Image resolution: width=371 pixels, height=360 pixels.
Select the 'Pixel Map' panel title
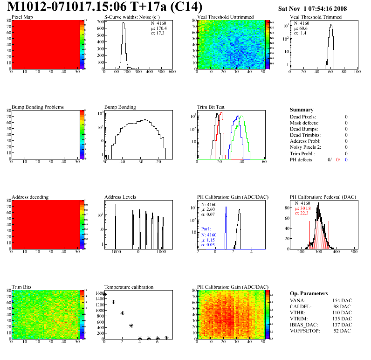point(22,17)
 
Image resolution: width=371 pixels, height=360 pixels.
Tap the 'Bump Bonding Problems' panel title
point(38,107)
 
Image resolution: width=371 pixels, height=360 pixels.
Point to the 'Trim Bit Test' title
point(211,107)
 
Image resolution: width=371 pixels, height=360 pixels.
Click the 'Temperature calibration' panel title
point(129,287)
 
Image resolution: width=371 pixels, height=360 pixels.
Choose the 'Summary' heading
point(302,110)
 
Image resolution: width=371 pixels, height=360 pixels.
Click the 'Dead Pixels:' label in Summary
point(303,117)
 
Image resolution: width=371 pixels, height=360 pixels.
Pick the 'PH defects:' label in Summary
point(302,159)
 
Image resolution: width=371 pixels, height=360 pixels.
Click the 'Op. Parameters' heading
point(307,293)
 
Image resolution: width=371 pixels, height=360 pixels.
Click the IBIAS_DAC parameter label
point(305,325)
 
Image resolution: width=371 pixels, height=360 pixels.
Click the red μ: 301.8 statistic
point(305,208)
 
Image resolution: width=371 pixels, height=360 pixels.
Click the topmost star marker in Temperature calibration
point(104,294)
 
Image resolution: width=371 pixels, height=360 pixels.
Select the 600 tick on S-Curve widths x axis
point(172,72)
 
